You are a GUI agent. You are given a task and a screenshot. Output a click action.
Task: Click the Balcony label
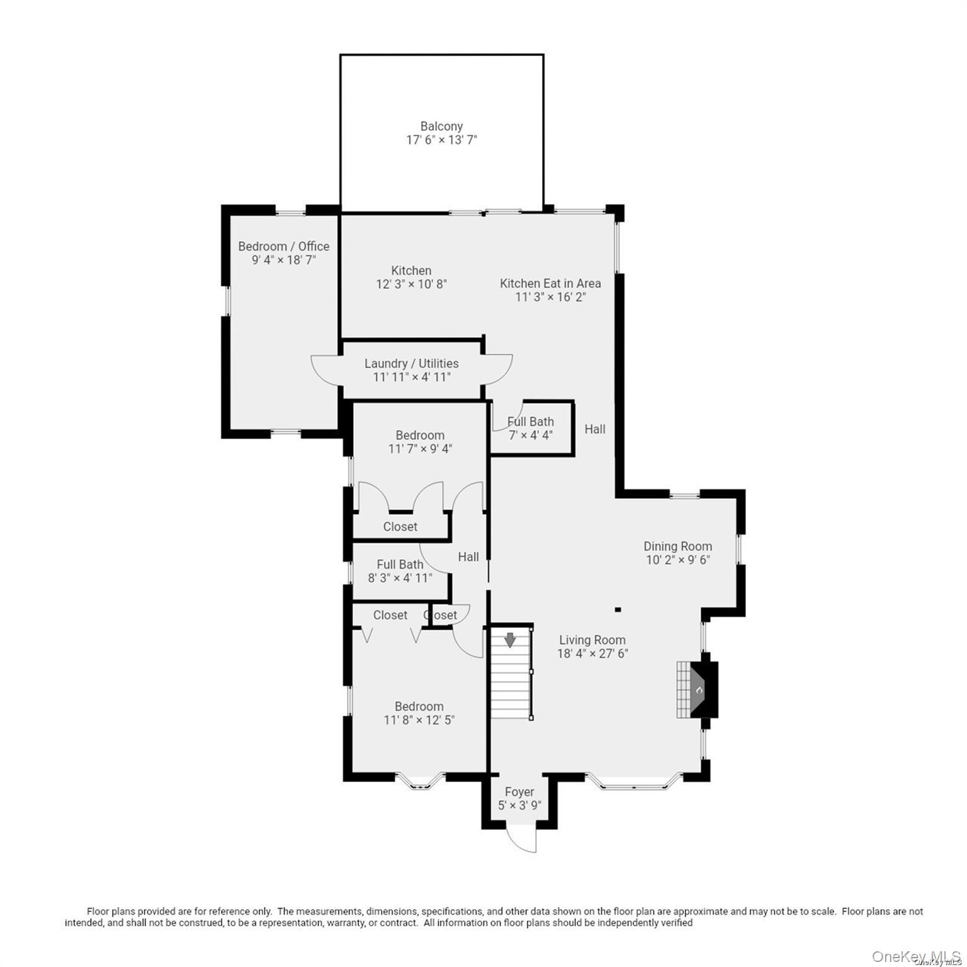[441, 127]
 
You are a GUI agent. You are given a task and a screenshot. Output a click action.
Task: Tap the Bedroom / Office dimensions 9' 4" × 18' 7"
[283, 259]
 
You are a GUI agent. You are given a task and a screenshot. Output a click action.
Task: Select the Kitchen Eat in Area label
[550, 283]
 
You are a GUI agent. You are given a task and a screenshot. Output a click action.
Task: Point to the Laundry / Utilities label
[411, 363]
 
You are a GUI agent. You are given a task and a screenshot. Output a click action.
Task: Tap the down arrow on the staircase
[510, 640]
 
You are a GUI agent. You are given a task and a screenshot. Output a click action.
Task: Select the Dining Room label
[677, 546]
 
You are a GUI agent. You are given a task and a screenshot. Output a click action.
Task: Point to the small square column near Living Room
[618, 609]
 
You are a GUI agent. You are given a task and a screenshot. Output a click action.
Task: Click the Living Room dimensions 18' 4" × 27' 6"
[592, 653]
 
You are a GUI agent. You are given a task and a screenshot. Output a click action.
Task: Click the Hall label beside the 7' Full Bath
[594, 429]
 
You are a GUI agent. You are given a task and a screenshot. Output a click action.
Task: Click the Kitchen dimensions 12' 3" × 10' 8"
[411, 284]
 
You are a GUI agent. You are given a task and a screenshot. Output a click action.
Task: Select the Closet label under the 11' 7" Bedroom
[400, 526]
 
